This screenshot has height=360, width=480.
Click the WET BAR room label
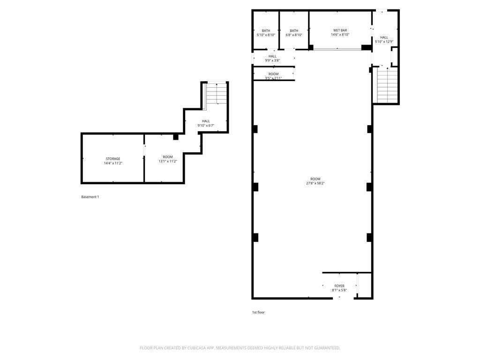[340, 30]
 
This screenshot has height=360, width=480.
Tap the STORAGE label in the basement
[113, 158]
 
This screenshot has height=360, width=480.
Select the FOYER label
[339, 286]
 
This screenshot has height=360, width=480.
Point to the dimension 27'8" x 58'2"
[315, 183]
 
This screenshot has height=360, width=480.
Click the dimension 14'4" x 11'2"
[113, 163]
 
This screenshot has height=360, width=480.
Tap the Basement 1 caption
[90, 197]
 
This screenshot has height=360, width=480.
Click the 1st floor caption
[258, 312]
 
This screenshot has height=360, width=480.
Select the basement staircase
[217, 93]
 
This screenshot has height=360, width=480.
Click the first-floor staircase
[387, 85]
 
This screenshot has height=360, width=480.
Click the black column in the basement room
[176, 137]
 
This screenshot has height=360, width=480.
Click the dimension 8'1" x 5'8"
[339, 290]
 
